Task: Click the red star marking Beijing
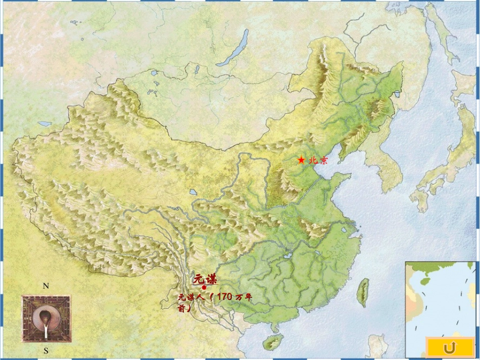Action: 301,160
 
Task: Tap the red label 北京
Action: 318,160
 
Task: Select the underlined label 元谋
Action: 205,279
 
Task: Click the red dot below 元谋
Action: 204,287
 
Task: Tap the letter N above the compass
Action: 45,286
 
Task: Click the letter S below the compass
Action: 45,350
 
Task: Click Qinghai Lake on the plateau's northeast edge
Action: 193,192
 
